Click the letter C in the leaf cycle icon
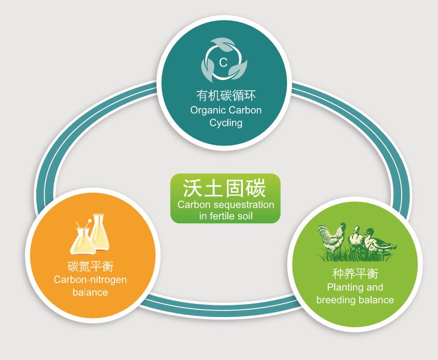pyautogui.click(x=223, y=63)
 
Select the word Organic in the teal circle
pyautogui.click(x=207, y=110)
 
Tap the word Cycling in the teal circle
pyautogui.click(x=226, y=123)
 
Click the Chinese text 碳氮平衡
pyautogui.click(x=90, y=266)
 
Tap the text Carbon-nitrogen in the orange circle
pyautogui.click(x=90, y=279)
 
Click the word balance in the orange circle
pyautogui.click(x=90, y=292)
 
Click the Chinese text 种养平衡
pyautogui.click(x=354, y=274)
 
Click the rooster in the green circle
pyautogui.click(x=331, y=241)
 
